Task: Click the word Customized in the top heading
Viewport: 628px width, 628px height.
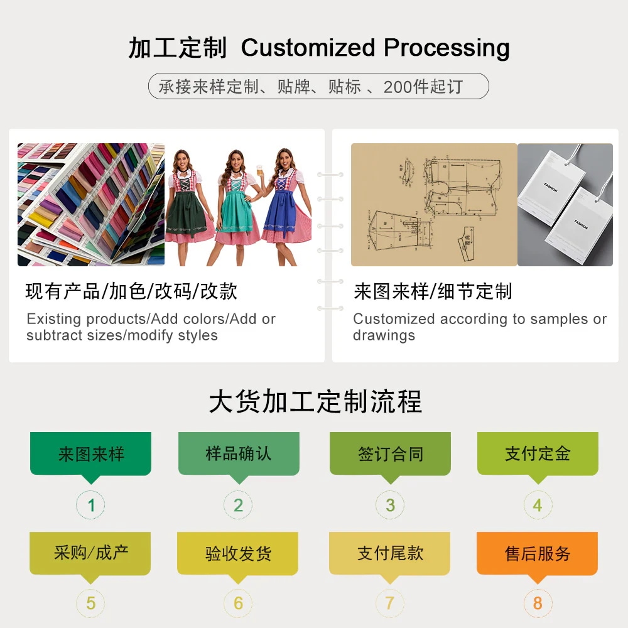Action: point(308,48)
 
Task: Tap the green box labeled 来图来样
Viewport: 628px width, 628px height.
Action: point(91,453)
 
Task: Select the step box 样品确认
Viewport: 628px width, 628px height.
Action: point(239,453)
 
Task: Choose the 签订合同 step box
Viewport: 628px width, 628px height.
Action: point(391,453)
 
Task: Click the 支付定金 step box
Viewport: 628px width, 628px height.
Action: point(538,453)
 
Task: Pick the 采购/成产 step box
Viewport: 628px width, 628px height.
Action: point(90,553)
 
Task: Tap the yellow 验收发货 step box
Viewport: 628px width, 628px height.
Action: point(238,553)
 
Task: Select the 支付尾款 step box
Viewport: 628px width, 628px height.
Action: point(390,553)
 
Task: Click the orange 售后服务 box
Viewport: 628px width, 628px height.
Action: point(538,553)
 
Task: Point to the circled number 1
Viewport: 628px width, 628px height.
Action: point(91,505)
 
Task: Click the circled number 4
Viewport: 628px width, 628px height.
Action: point(538,505)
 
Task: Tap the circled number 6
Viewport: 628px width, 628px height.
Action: point(238,604)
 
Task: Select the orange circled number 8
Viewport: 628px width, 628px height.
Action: point(538,604)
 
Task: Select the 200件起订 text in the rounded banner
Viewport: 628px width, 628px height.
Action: point(423,87)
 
